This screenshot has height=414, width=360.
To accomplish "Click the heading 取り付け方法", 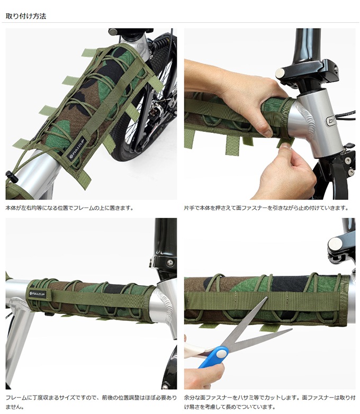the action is click(26, 16).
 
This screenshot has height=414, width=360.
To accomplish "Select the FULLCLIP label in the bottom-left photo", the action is click(38, 294).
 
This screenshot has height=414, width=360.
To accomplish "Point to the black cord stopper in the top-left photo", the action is click(11, 176).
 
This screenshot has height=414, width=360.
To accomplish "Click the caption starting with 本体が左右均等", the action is click(69, 208).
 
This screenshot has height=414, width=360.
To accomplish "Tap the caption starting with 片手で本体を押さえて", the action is click(266, 208).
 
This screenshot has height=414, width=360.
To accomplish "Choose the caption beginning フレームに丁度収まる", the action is click(91, 402).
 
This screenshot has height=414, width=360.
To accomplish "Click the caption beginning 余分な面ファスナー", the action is click(269, 402).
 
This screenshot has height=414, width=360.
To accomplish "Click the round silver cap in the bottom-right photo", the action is click(335, 244).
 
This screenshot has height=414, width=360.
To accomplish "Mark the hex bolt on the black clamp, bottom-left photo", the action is click(170, 263).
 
